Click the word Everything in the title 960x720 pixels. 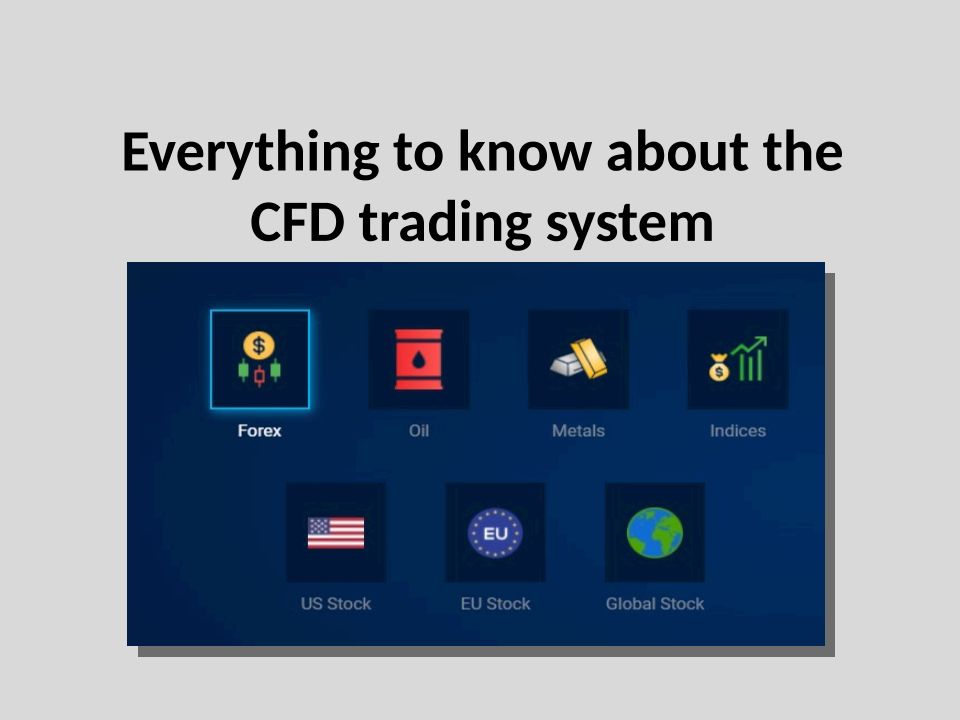click(251, 153)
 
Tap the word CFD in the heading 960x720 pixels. click(297, 222)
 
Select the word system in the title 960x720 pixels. click(629, 224)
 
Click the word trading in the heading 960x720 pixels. click(445, 224)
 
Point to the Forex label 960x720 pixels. click(260, 430)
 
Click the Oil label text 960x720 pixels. click(419, 430)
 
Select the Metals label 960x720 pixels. click(579, 430)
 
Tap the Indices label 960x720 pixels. click(738, 430)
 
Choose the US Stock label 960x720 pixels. click(336, 604)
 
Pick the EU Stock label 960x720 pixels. click(495, 604)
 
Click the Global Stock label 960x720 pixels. click(655, 604)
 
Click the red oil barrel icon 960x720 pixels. click(419, 359)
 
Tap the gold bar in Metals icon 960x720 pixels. click(589, 358)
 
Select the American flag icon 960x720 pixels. click(336, 533)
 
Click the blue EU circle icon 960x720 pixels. click(495, 533)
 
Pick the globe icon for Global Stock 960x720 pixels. click(655, 533)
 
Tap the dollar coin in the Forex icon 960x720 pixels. click(259, 345)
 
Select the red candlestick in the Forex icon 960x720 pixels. click(260, 376)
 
